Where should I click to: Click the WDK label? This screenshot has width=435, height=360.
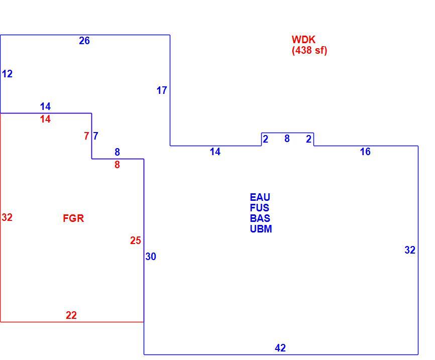pyautogui.click(x=303, y=40)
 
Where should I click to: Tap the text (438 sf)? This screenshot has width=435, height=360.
pyautogui.click(x=309, y=50)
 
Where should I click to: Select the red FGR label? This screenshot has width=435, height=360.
pyautogui.click(x=73, y=218)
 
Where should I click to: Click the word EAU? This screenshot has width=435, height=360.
pyautogui.click(x=260, y=197)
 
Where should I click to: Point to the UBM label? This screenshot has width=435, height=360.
pyautogui.click(x=261, y=229)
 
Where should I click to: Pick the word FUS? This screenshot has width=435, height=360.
pyautogui.click(x=259, y=208)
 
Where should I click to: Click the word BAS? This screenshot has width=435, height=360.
pyautogui.click(x=260, y=218)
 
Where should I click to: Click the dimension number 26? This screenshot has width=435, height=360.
pyautogui.click(x=84, y=41)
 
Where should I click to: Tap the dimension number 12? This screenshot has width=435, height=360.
pyautogui.click(x=7, y=74)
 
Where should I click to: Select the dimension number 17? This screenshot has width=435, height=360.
pyautogui.click(x=162, y=90)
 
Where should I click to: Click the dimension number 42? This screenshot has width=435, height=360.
pyautogui.click(x=280, y=348)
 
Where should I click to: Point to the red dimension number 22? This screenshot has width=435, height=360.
pyautogui.click(x=71, y=315)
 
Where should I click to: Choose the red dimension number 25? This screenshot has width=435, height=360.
pyautogui.click(x=136, y=241)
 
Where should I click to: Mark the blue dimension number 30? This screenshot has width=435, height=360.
pyautogui.click(x=151, y=257)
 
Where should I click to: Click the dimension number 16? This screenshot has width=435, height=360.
pyautogui.click(x=365, y=152)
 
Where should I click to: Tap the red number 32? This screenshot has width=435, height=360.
pyautogui.click(x=7, y=217)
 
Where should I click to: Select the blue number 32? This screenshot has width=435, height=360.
pyautogui.click(x=410, y=250)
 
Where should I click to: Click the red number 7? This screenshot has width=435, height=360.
pyautogui.click(x=86, y=136)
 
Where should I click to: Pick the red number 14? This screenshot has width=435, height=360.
pyautogui.click(x=45, y=119)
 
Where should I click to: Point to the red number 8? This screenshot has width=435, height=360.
pyautogui.click(x=117, y=165)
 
